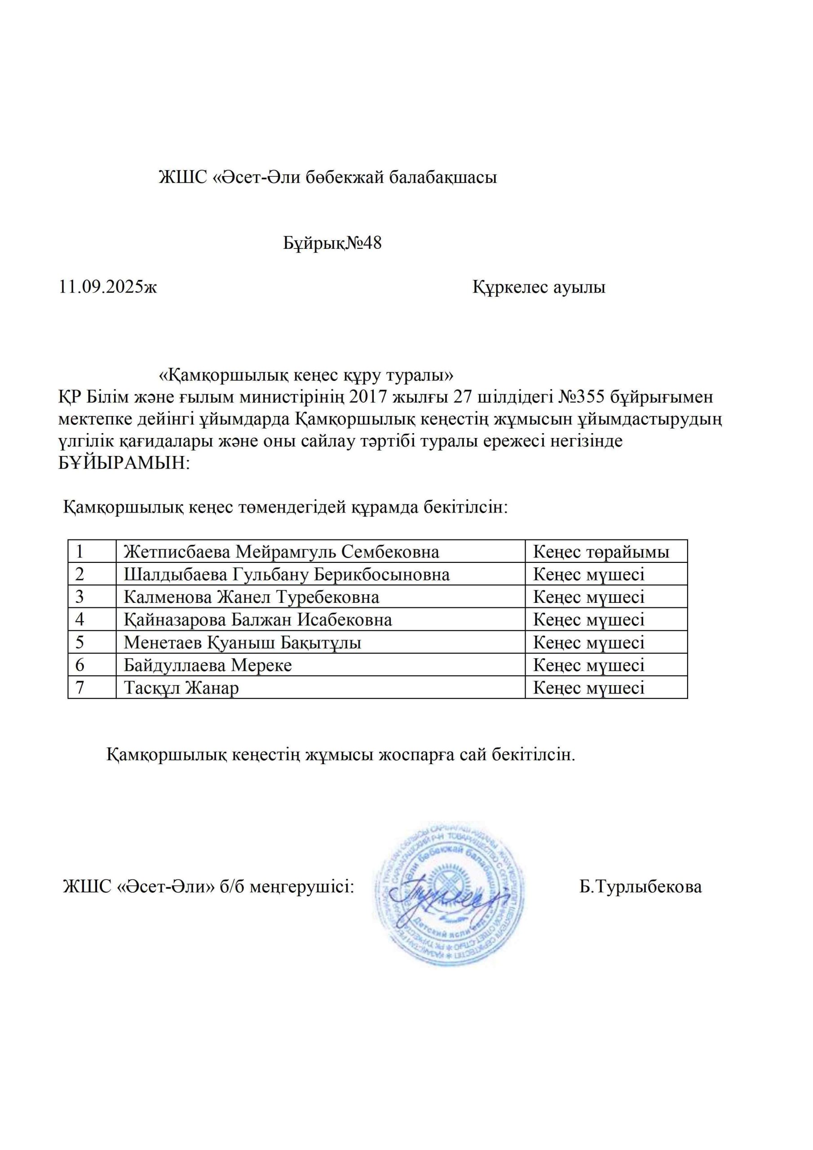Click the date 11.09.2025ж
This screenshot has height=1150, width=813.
click(x=108, y=287)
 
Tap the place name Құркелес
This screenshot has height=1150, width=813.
click(x=510, y=287)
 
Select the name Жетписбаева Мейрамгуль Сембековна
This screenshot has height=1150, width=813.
click(x=282, y=552)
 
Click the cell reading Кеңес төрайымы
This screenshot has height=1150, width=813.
click(x=601, y=552)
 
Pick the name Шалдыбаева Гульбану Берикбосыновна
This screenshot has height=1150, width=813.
click(x=287, y=575)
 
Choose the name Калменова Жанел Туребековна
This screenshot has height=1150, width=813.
click(x=252, y=597)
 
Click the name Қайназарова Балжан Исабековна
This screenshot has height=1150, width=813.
click(x=258, y=620)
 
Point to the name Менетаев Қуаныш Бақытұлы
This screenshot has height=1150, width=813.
click(x=243, y=643)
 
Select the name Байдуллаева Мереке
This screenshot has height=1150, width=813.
click(x=208, y=665)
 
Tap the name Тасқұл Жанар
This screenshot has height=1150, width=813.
click(x=181, y=688)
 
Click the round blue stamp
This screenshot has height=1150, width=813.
click(x=450, y=898)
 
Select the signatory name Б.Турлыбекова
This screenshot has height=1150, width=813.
click(x=641, y=887)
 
